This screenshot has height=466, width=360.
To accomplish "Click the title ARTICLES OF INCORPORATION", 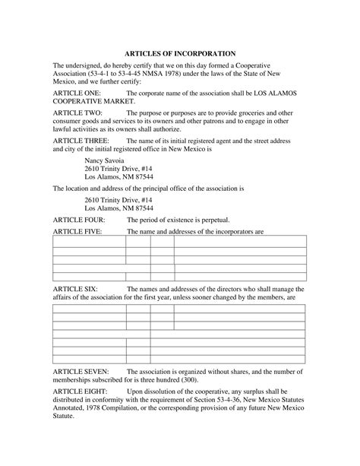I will click(179, 55).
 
